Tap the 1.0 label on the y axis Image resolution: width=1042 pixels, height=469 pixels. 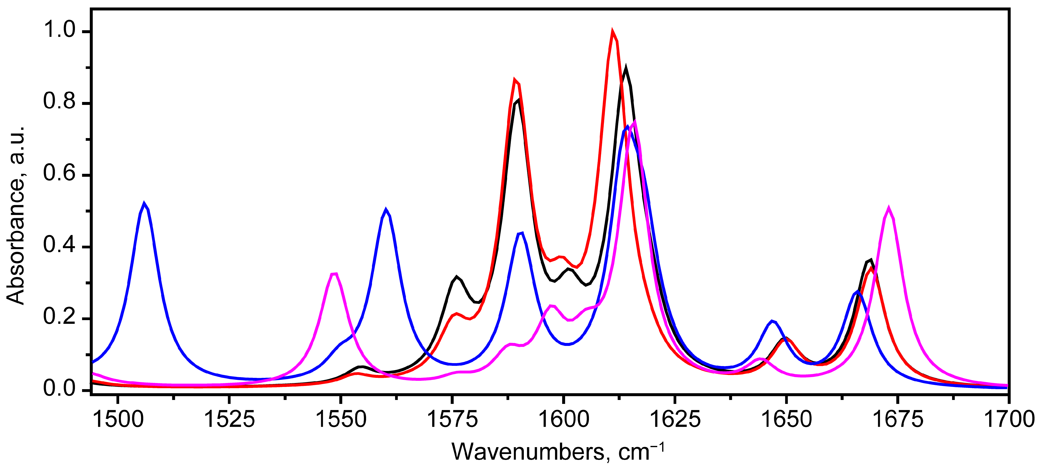click(59, 30)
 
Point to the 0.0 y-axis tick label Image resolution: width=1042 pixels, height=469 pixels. click(59, 389)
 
